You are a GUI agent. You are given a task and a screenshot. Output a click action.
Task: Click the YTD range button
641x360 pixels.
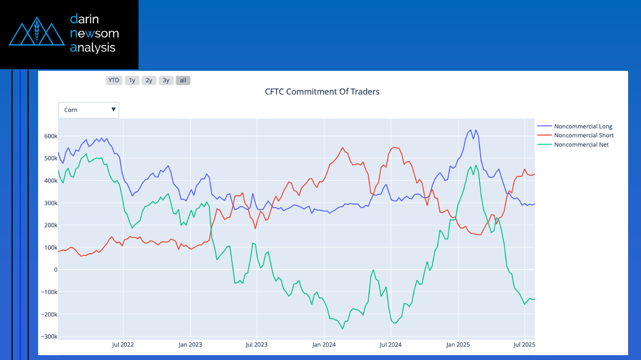pos(114,80)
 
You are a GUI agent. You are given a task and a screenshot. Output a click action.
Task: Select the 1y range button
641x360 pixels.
pos(132,80)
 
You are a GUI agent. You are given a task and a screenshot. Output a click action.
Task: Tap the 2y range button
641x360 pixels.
pos(149,80)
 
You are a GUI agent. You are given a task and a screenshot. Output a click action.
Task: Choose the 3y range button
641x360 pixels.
pos(166,80)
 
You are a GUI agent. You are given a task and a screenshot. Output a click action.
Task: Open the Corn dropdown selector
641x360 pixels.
pos(89,110)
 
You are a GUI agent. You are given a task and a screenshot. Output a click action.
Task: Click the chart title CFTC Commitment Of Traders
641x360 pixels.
pos(322,92)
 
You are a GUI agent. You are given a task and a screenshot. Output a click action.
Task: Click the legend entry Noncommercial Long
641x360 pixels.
pos(582,127)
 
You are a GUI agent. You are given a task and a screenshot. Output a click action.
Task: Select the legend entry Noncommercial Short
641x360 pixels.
pos(584,136)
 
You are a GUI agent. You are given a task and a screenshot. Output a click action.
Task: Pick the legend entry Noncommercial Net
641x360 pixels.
pos(581,145)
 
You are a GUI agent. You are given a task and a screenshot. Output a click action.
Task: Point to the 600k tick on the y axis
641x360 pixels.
pos(50,136)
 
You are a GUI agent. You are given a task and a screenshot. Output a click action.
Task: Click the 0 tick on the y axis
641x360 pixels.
pos(55,270)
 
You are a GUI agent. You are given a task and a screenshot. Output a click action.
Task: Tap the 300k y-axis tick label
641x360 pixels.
pos(50,203)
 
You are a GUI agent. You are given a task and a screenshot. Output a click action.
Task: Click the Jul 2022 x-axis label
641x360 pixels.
pos(123,344)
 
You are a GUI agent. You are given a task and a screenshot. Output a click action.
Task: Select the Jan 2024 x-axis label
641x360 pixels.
pos(324,344)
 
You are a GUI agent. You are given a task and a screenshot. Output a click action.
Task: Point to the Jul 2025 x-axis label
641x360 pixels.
pos(525,344)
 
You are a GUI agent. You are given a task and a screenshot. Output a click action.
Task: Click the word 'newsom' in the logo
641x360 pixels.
pos(94,34)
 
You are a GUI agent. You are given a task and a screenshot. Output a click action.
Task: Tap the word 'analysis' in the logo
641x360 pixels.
pos(93,48)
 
